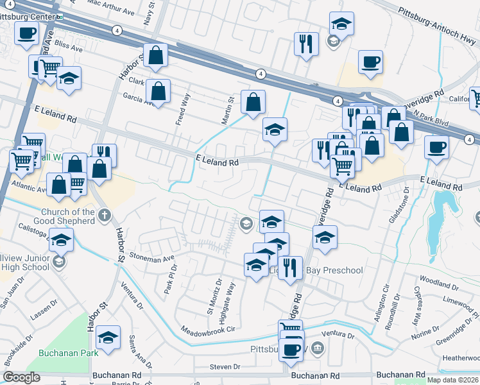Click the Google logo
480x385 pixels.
coord(22,377)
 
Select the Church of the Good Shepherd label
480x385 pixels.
coord(68,216)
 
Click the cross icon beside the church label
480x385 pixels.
coord(105,216)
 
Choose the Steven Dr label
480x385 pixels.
coord(225,367)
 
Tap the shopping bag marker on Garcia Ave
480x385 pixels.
coord(158,91)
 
